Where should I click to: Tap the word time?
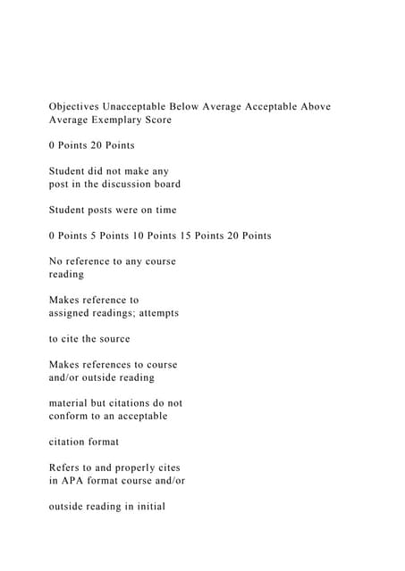coord(165,210)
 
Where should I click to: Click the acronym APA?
coord(72,481)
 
